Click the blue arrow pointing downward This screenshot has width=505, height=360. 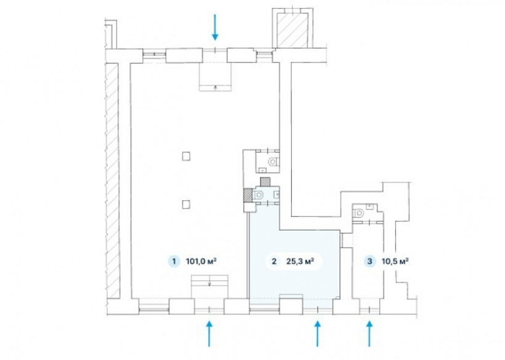215,27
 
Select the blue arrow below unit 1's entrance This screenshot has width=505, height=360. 209,333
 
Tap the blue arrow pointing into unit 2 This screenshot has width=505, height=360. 318,333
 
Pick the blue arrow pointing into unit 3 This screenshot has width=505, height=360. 369,333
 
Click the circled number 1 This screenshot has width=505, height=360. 174,261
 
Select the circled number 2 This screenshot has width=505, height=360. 274,261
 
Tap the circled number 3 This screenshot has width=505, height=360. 370,261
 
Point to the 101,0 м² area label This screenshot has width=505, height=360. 201,261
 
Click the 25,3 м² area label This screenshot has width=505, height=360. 300,261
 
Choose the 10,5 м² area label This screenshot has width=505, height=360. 395,261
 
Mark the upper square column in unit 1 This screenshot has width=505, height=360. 186,157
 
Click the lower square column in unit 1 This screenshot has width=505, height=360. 186,204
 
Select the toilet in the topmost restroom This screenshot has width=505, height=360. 273,161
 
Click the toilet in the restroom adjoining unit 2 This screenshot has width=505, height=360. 259,194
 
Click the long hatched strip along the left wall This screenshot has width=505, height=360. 113,180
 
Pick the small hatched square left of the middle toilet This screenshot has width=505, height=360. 248,195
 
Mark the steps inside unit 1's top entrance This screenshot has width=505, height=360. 216,77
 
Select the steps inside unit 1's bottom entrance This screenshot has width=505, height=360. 209,286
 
